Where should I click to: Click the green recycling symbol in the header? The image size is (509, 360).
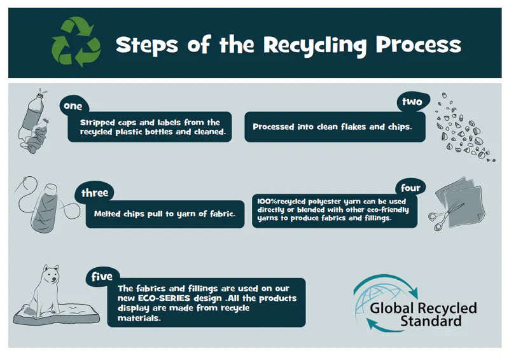coord(76,43)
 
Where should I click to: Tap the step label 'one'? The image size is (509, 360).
coord(73,106)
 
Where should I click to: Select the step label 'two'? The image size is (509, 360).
coord(412,102)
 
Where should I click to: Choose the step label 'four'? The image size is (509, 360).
coord(410,188)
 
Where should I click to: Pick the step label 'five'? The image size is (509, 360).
coord(102,277)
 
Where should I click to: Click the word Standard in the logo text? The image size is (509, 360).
coord(431,321)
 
